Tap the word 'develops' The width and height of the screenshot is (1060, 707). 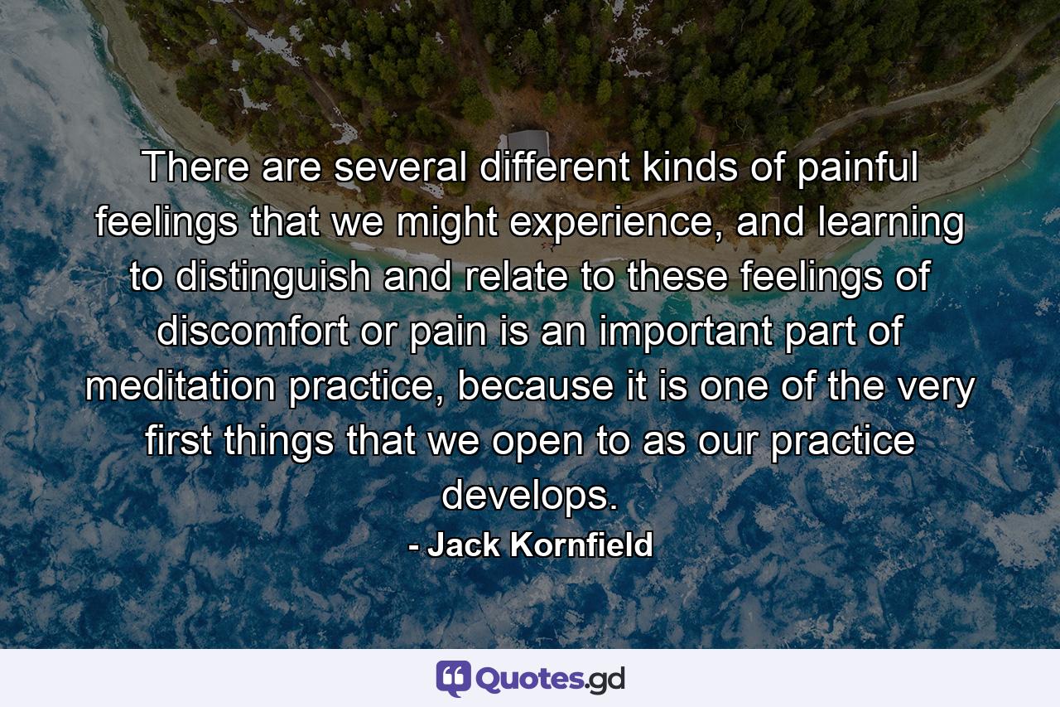(x=528, y=495)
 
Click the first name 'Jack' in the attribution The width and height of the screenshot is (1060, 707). (x=463, y=545)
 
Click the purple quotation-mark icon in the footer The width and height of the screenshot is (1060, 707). (x=453, y=678)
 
